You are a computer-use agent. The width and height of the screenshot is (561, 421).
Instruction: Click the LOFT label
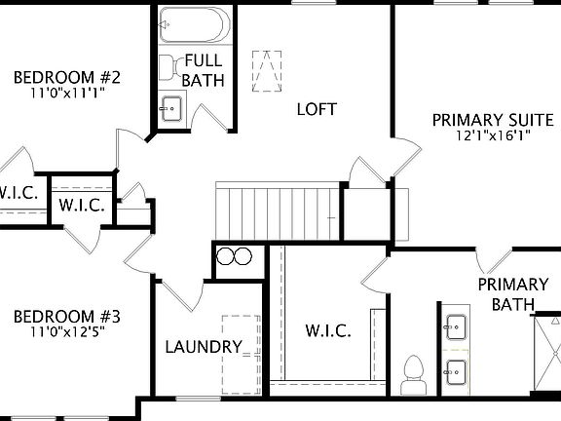tap(317, 109)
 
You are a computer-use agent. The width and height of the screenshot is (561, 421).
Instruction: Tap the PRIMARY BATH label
tap(512, 294)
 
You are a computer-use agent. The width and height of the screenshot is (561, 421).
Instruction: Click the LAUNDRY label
tap(203, 346)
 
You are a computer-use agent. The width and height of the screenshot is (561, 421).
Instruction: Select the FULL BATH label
tap(203, 69)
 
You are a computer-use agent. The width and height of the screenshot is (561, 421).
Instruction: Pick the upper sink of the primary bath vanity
tap(455, 324)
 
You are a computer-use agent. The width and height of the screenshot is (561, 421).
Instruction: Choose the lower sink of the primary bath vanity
tap(455, 369)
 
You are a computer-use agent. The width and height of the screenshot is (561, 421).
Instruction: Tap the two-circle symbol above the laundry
tap(235, 257)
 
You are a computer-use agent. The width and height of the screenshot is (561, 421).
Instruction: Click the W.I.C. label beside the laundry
tap(327, 329)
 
